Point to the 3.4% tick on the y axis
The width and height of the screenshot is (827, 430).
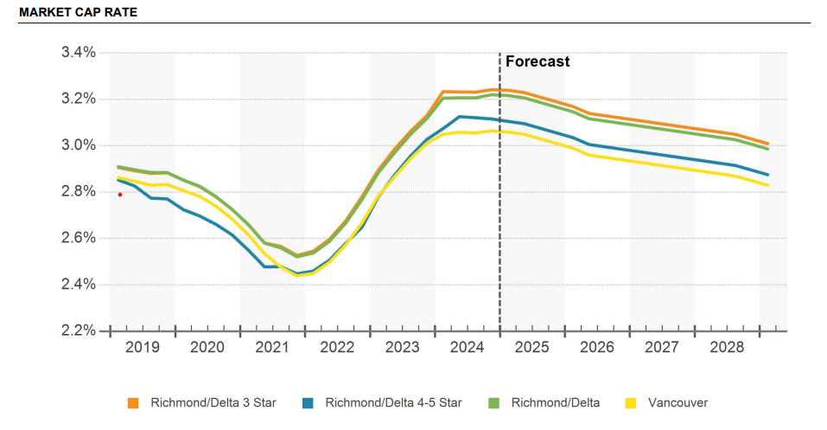tap(78, 53)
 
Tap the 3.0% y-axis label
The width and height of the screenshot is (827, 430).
tap(78, 145)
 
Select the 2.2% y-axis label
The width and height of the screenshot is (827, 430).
tap(78, 331)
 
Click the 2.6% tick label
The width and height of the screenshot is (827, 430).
tap(78, 238)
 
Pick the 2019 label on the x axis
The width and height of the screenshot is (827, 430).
tap(143, 348)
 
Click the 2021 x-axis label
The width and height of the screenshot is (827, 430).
tap(272, 348)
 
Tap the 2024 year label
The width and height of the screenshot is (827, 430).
tap(467, 348)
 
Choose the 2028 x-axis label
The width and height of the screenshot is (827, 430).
tap(726, 348)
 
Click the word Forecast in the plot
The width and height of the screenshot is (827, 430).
tap(538, 62)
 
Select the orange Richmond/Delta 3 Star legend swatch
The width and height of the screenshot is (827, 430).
tap(133, 402)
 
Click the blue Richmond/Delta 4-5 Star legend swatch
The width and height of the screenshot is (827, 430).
tap(308, 402)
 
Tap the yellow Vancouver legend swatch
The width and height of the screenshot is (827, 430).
tap(631, 402)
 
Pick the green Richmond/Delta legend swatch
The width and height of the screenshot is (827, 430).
tap(494, 402)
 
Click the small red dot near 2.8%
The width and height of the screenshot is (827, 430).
tap(120, 195)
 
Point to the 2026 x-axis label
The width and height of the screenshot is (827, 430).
tap(596, 348)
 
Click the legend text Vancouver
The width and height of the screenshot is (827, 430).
tap(678, 402)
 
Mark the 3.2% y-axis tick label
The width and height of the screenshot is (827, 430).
tap(78, 99)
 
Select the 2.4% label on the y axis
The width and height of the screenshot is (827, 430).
tap(78, 285)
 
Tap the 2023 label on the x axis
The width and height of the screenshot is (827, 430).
tap(402, 348)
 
